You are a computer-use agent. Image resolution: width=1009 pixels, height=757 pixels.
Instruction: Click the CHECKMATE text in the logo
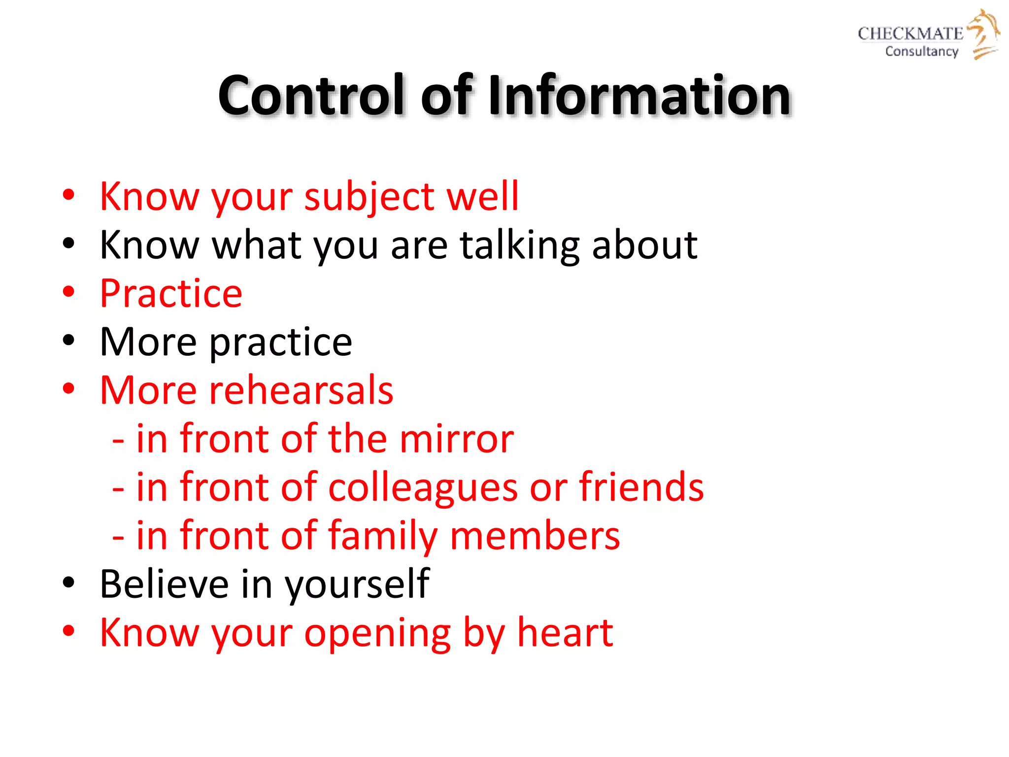pos(910,34)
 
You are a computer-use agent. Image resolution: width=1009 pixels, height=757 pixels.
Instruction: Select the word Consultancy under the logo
pos(921,51)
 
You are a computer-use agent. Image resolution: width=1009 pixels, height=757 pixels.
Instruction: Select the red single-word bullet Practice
pos(171,293)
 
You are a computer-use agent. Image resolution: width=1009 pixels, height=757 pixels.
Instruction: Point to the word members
pos(535,536)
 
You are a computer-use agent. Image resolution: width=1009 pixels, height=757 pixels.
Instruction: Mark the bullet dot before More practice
pos(68,341)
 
